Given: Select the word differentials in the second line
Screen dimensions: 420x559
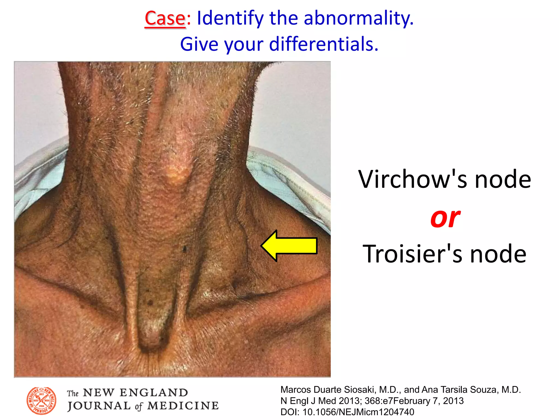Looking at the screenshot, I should (323, 44).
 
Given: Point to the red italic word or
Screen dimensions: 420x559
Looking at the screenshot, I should (445, 218).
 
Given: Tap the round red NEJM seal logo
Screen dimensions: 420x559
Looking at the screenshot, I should (41, 401).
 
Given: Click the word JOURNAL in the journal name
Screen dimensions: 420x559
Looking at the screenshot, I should (99, 406).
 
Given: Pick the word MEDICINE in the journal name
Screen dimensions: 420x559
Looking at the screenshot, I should (183, 406).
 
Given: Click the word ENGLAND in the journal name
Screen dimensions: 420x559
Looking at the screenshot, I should (154, 393).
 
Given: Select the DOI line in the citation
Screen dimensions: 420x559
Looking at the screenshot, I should (347, 412).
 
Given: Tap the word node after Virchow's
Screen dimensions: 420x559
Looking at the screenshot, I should (503, 179).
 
